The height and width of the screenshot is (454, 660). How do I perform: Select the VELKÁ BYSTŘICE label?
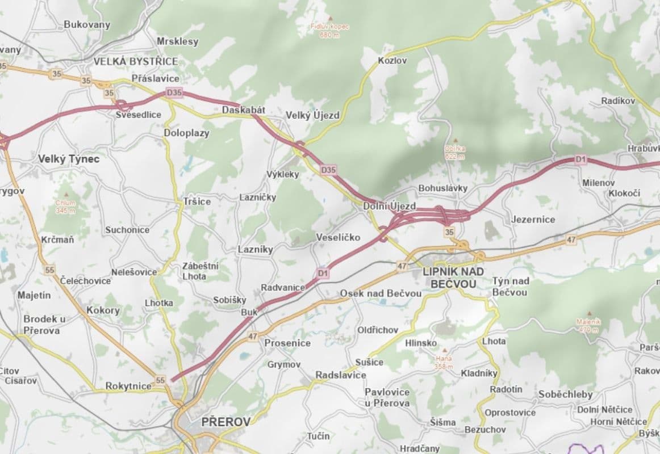(135, 61)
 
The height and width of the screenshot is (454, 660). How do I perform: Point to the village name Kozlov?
(392, 60)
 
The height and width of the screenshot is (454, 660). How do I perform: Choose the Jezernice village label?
(532, 219)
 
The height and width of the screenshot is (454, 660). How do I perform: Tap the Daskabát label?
(244, 110)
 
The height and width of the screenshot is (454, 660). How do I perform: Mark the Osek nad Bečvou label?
(381, 293)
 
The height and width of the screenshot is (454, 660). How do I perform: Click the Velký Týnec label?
(68, 159)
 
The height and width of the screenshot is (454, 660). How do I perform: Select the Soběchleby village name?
(565, 394)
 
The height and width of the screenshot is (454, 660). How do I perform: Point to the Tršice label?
(197, 201)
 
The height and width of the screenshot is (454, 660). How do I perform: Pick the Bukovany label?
(87, 24)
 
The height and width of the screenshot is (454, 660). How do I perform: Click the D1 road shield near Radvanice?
(323, 274)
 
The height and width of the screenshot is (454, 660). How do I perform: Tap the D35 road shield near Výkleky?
(328, 169)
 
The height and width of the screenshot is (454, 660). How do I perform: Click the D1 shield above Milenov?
(580, 160)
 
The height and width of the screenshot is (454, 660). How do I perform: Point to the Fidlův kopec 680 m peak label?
(330, 30)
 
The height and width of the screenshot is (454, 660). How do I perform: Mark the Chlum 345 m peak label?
(65, 206)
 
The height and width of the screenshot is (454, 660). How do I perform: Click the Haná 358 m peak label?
(444, 362)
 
